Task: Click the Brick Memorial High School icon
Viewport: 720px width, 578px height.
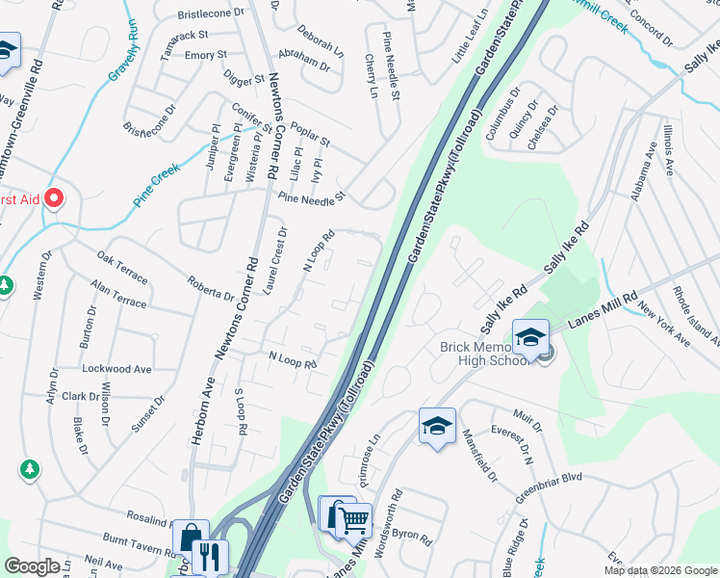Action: click(x=530, y=337)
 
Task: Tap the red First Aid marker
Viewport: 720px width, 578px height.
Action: click(x=54, y=199)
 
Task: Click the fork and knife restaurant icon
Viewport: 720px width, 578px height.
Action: click(x=209, y=557)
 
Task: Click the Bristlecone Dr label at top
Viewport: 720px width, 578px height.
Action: click(x=212, y=14)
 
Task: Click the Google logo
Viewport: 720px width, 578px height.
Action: click(x=33, y=566)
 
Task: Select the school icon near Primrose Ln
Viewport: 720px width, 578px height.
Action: click(x=436, y=427)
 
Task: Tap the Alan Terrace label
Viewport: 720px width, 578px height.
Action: click(x=116, y=295)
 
